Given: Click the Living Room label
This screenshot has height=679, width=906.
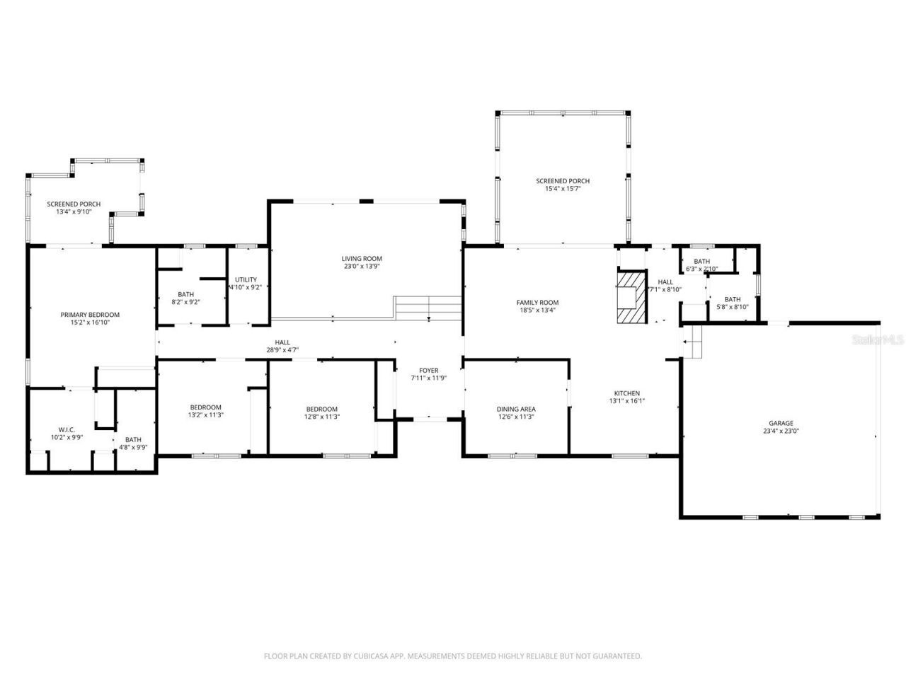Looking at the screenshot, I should coord(362,259).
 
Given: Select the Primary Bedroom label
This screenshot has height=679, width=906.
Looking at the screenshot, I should coord(90,315).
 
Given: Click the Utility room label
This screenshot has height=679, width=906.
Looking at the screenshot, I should coord(246,279).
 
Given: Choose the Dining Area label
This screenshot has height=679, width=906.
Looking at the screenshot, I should coord(515,409).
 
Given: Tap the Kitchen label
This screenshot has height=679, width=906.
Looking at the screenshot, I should coord(626,393).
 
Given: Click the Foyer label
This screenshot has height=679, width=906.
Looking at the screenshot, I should coord(428,370).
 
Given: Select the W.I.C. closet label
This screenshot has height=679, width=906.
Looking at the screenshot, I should coord(67,429).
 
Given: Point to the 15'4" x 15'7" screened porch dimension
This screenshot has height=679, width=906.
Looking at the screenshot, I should coord(563,189).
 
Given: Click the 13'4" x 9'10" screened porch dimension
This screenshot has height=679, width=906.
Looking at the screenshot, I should coord(74,211).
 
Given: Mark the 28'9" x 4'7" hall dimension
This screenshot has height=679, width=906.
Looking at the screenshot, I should coord(282,349).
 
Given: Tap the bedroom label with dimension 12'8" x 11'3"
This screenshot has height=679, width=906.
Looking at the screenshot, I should coord(321,409).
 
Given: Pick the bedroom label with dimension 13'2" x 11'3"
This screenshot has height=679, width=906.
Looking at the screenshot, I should coord(205,407).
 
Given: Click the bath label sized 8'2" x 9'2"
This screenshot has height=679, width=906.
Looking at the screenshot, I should coord(186,294).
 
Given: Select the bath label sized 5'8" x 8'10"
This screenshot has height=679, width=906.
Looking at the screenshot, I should coord(732,299).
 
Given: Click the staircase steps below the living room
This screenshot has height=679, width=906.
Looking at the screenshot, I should coord(428,308).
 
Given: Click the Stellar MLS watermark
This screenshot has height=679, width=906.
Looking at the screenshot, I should coord(878,339).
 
